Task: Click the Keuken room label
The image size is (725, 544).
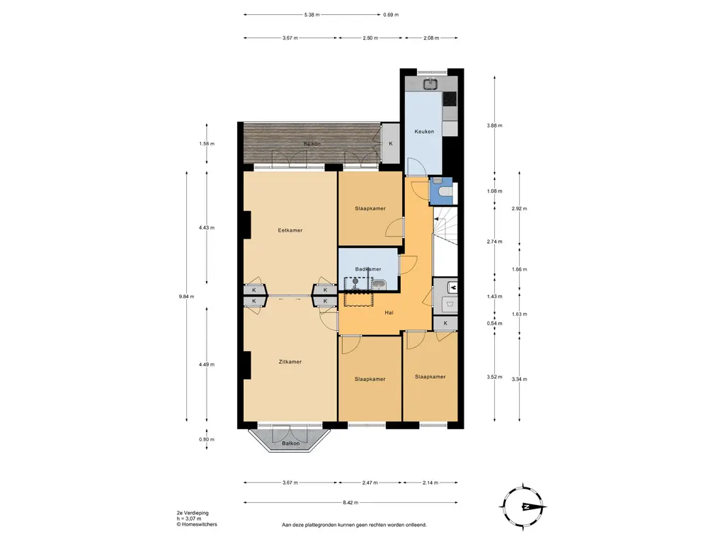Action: [x=424, y=131]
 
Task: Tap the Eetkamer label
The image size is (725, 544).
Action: [x=290, y=230]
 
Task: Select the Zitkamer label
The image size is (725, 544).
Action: [x=290, y=362]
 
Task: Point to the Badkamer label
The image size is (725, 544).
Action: [x=368, y=269]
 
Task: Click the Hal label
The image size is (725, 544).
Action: [x=389, y=312]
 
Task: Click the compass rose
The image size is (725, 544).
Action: [x=523, y=506]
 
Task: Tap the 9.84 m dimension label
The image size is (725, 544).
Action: [x=186, y=297]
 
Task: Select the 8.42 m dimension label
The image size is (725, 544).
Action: [x=350, y=502]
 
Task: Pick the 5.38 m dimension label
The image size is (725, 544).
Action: [x=312, y=15]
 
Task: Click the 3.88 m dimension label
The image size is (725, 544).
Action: [x=494, y=125]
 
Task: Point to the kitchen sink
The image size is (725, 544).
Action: [x=431, y=85]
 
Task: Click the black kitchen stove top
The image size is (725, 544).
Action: [x=450, y=98]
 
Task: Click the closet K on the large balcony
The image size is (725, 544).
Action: [x=390, y=144]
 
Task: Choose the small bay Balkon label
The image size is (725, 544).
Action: [x=291, y=443]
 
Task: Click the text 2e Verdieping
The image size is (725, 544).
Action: [x=193, y=513]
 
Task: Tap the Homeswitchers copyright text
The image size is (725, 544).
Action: [x=197, y=524]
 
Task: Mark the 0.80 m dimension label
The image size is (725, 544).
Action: [x=207, y=439]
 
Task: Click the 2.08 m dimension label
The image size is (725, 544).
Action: [x=431, y=38]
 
